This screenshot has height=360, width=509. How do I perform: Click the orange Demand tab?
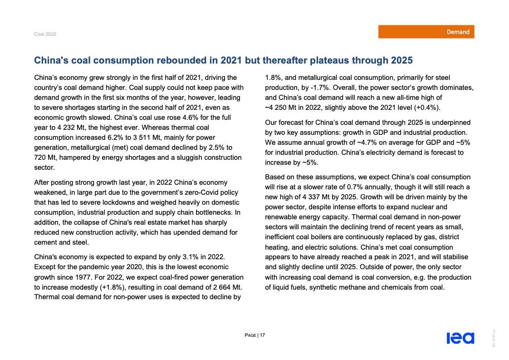tap(426, 32)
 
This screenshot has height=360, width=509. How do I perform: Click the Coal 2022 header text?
tap(45, 35)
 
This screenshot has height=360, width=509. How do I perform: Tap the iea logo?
tap(460, 338)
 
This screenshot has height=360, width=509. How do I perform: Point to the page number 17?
tap(262, 335)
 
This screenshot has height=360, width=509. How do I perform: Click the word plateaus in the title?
tap(322, 60)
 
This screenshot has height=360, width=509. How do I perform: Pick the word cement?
tap(46, 242)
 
